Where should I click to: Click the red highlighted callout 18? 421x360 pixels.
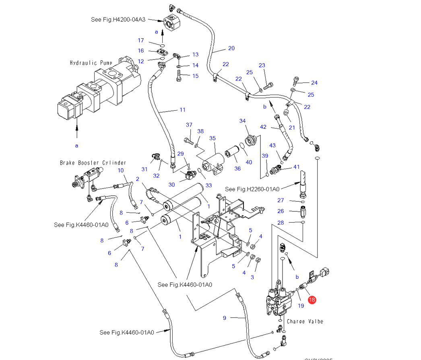312,300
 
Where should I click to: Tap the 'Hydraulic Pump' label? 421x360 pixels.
91,63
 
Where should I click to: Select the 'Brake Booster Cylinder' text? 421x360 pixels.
93,163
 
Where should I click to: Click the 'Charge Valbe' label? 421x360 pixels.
305,321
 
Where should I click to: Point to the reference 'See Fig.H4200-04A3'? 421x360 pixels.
118,19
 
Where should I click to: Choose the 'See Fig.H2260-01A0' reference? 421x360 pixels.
252,189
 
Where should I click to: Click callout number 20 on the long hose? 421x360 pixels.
231,48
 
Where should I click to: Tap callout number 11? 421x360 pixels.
182,110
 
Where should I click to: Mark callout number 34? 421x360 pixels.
242,121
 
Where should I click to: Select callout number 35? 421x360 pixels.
213,138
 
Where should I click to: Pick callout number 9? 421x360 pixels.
225,318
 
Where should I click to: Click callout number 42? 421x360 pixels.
263,127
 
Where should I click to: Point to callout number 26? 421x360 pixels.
281,211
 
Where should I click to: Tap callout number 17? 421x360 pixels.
141,40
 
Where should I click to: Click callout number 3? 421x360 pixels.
252,277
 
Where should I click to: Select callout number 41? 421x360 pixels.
297,167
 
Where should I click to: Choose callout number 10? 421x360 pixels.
121,170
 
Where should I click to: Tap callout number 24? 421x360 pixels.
314,83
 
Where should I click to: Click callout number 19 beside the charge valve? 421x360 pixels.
301,306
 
